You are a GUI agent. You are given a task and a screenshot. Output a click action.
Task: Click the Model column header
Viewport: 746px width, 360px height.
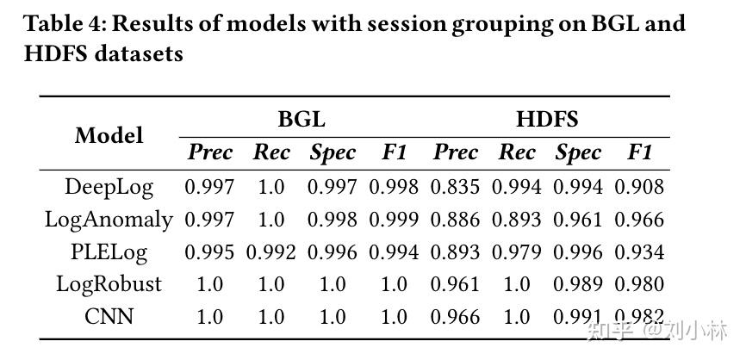tap(109, 136)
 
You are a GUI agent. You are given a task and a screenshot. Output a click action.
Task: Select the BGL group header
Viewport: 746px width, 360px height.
tap(301, 119)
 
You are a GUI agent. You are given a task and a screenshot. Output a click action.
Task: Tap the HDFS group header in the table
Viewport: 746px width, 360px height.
tap(546, 119)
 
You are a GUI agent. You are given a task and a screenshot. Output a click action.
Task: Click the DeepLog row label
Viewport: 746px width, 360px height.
tap(109, 186)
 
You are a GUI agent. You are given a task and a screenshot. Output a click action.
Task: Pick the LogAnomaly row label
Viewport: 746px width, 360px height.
tap(109, 219)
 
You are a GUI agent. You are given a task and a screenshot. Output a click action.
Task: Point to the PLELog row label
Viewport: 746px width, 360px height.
tap(109, 251)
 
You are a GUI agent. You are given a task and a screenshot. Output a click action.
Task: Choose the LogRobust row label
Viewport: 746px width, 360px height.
tap(109, 284)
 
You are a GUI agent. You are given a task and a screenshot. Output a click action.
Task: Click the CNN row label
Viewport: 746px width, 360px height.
tap(109, 316)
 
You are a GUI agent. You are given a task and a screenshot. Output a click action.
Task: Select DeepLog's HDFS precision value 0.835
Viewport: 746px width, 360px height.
tap(455, 186)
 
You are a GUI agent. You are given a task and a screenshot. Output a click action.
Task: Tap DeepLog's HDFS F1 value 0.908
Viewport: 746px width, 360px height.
tap(638, 186)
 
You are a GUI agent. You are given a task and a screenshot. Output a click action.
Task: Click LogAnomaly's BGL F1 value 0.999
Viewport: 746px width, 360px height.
tap(394, 219)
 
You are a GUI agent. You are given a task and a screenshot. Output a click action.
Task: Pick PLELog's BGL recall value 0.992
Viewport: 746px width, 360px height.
tap(270, 251)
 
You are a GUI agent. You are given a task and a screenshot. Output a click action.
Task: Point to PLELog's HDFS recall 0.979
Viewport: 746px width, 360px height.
tap(516, 251)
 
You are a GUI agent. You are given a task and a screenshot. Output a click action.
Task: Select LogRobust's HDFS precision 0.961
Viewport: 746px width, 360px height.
tap(455, 284)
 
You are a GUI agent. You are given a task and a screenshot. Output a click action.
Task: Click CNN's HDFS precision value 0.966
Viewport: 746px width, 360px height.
tap(455, 316)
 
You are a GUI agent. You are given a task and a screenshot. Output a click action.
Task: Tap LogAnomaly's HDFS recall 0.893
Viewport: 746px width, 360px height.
tap(516, 219)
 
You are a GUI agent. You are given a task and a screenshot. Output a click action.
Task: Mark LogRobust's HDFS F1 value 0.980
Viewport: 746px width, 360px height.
tap(638, 284)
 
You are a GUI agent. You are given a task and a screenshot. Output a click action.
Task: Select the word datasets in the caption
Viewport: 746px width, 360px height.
tap(136, 53)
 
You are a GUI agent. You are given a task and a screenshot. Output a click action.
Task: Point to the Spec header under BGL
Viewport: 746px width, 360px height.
tap(333, 153)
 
